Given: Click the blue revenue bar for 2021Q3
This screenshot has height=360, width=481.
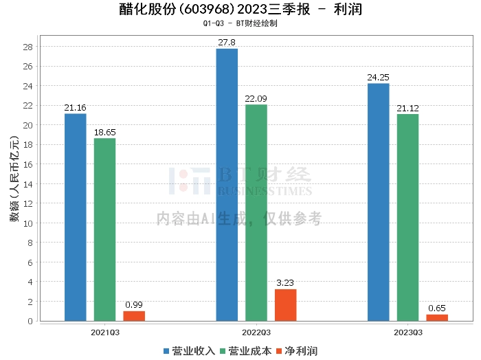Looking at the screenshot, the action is [76, 217].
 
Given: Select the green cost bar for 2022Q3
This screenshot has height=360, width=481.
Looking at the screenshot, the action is [256, 213].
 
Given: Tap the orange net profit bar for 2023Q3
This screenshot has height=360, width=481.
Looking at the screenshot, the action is [437, 317].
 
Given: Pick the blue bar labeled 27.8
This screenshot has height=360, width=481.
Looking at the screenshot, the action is [227, 185].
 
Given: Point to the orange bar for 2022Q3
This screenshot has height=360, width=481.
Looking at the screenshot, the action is [286, 305].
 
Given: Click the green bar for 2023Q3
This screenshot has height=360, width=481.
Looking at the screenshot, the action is [407, 218].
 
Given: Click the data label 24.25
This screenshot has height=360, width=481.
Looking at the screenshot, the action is [378, 77].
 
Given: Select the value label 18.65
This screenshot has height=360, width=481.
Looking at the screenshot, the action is [105, 133].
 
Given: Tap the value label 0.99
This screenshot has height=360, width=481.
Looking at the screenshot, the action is [134, 305].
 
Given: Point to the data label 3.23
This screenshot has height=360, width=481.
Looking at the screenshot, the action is [285, 283].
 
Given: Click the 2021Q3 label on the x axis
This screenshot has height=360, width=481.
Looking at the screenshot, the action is [105, 333].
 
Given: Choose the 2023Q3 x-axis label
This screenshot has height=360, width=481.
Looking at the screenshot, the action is [408, 333].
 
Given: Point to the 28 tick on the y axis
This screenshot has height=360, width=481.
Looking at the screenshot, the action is [28, 47].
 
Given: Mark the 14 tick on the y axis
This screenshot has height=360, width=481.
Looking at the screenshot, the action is [28, 184].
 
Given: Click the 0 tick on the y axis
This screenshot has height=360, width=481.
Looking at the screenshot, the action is [30, 321].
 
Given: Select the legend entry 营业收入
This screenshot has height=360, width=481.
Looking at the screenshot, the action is [189, 351].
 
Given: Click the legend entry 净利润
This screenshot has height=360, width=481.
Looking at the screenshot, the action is [297, 351].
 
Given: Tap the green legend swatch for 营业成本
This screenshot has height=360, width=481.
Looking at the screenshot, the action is [223, 351].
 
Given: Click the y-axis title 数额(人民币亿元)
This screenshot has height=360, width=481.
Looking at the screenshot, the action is [14, 179].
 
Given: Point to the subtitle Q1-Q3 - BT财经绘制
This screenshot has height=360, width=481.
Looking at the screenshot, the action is [240, 23].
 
